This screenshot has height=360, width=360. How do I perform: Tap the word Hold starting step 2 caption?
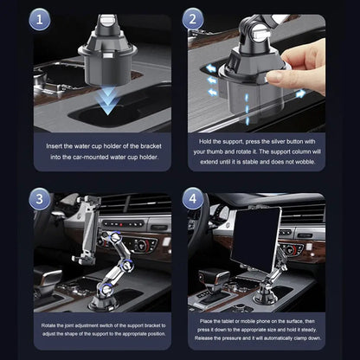tap(210, 141)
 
